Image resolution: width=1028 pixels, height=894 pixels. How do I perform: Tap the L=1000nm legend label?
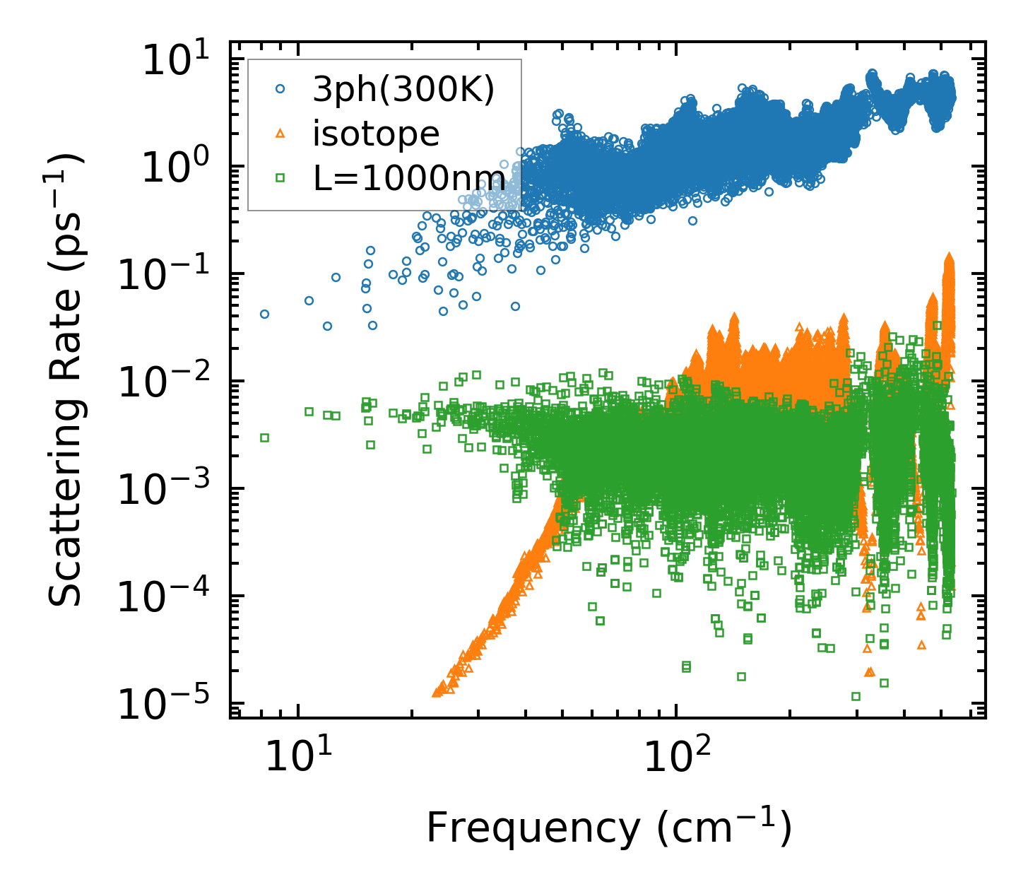point(409,178)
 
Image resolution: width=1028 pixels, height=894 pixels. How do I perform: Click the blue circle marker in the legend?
point(280,89)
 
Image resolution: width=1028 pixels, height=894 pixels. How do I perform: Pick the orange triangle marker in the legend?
point(280,134)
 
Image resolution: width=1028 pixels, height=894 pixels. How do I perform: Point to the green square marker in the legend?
point(280,178)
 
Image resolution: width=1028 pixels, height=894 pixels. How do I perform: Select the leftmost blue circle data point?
point(264,314)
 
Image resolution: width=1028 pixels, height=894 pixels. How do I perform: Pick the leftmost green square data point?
point(264,437)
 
